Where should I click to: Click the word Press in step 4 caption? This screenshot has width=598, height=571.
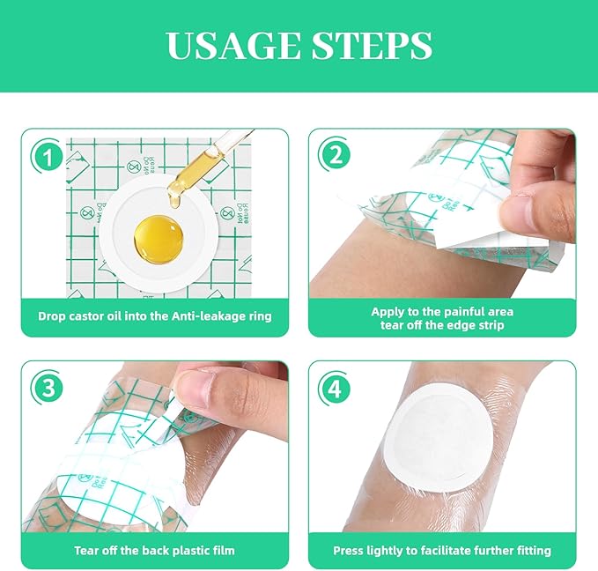[349, 551]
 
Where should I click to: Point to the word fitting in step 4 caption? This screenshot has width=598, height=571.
[531, 551]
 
